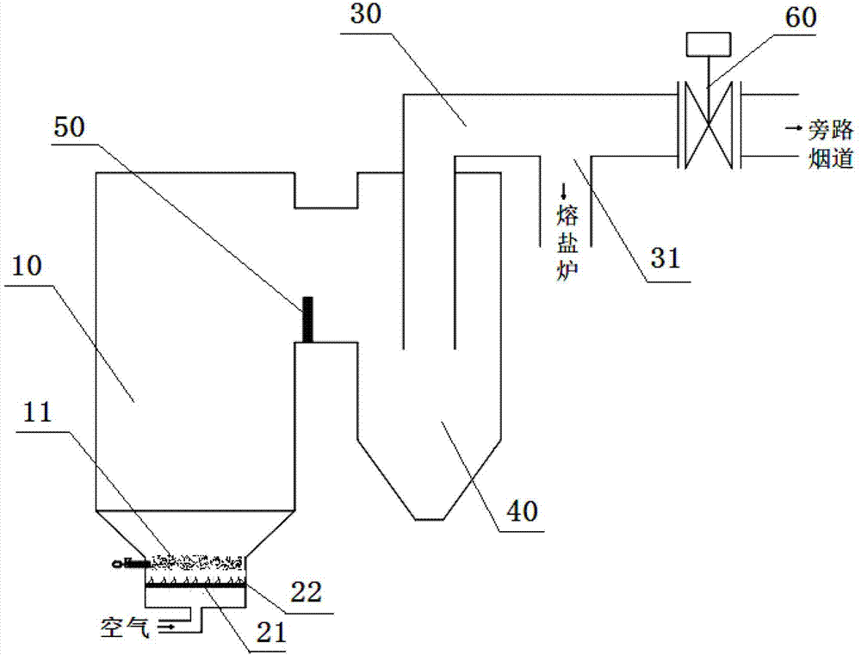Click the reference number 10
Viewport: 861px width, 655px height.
[27, 266]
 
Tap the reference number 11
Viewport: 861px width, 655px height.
[37, 412]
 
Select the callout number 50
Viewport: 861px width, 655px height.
[69, 127]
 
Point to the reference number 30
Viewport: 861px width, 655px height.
[366, 14]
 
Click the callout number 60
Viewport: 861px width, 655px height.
[801, 17]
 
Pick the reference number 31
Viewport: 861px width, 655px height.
[665, 257]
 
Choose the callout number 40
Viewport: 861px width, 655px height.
[522, 511]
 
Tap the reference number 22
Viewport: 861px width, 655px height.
[307, 592]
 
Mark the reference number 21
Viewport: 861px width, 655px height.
[272, 633]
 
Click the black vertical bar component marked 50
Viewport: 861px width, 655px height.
[308, 319]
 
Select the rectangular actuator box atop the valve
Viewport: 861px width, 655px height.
[709, 44]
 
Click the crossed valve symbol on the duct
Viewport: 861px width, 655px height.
[709, 125]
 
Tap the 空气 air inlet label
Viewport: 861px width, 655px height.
[125, 627]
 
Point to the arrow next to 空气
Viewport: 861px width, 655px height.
[168, 626]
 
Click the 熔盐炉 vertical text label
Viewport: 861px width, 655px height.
[567, 242]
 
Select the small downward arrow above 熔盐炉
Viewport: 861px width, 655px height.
[563, 192]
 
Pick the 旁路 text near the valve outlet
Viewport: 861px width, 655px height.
[830, 130]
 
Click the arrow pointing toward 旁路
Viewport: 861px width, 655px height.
[794, 128]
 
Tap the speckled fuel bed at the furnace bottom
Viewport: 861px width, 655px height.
[195, 562]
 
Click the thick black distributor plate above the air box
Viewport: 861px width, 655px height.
[195, 586]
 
